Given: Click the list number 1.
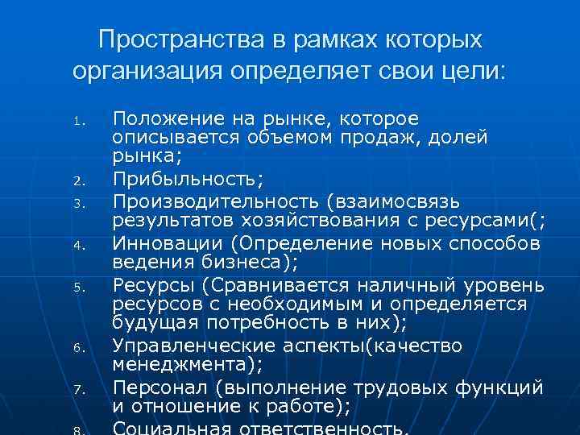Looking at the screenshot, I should pyautogui.click(x=78, y=123).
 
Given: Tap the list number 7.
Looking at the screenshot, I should pyautogui.click(x=78, y=390).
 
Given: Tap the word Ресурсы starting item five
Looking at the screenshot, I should pyautogui.click(x=152, y=284).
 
